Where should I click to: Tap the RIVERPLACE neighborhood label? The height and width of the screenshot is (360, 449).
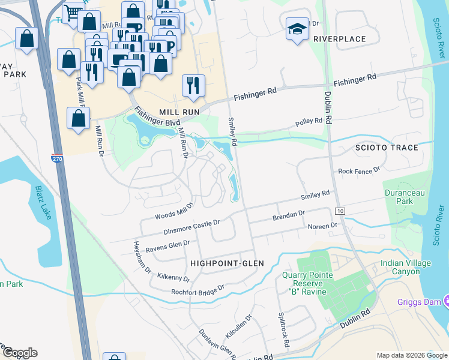pos(339,39)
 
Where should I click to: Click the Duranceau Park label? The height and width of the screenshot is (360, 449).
pos(399,197)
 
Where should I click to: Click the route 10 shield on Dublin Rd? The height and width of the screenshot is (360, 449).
pos(340,211)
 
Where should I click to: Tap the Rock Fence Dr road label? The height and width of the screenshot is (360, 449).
pos(359,171)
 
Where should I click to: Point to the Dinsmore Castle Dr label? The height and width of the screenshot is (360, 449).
pos(191,226)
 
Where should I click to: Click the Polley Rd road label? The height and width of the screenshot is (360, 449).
pos(309,122)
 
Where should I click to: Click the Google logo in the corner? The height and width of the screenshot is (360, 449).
pos(20,353)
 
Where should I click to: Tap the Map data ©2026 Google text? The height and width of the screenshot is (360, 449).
pos(411,355)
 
